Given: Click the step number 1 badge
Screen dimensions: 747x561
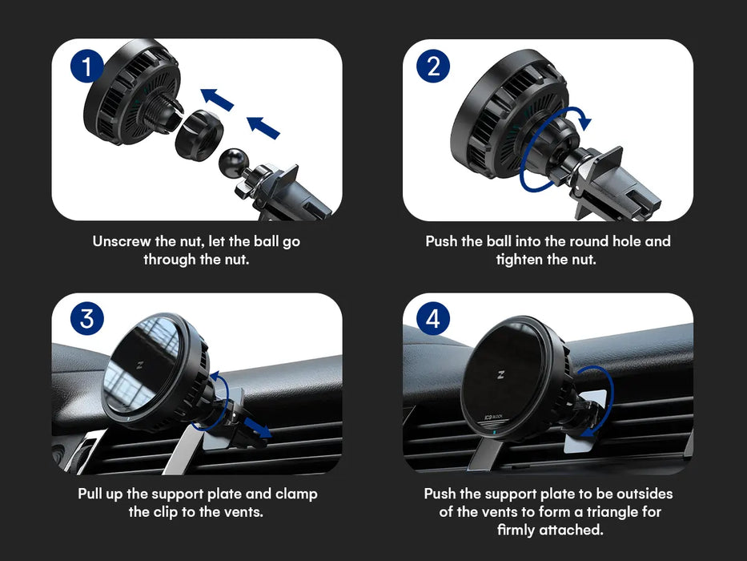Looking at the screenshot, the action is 86,66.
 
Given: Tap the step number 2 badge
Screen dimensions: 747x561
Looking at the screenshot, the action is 433,66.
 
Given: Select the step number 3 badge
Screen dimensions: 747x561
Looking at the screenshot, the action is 87,318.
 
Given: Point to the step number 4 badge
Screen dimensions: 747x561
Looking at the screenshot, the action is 433,318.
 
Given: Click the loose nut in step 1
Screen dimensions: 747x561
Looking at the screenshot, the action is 199,135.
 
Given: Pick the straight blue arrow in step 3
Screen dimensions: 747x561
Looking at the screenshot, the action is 258,427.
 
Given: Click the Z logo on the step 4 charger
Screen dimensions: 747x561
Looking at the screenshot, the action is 501,374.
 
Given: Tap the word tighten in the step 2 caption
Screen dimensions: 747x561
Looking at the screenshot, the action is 520,260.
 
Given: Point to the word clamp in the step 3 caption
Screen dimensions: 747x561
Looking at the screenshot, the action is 296,494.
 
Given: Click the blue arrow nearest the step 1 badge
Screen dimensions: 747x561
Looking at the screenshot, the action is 217,99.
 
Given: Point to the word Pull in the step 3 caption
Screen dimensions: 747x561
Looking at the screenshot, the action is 91,494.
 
